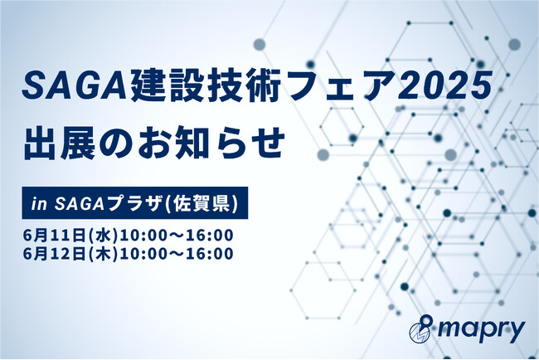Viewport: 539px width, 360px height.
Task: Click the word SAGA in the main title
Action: click(x=75, y=86)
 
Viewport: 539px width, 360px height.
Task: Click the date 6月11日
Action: click(x=54, y=236)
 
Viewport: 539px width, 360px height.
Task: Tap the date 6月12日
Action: click(x=54, y=254)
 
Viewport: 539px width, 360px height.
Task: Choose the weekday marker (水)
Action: click(x=103, y=236)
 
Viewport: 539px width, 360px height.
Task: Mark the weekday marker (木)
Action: click(x=103, y=254)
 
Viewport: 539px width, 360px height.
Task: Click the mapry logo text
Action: click(x=481, y=331)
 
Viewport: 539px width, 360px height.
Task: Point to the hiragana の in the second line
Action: click(x=115, y=144)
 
